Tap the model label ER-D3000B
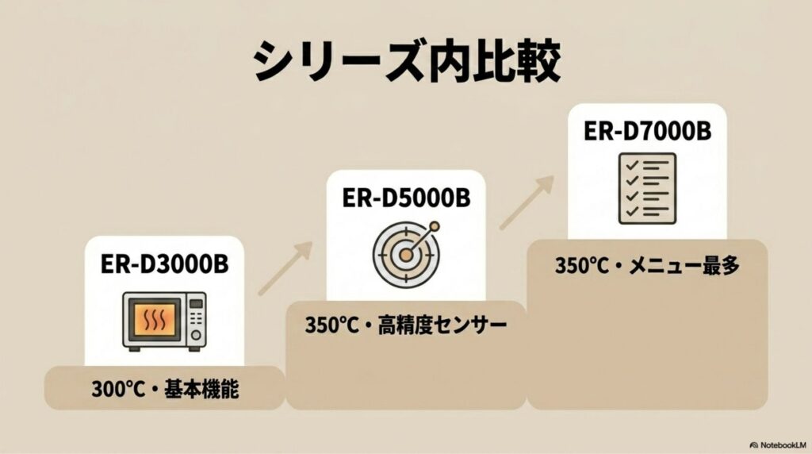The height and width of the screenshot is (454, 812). click(x=164, y=264)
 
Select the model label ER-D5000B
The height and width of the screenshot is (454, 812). click(x=405, y=197)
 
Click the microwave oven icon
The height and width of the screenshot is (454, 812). click(x=164, y=321)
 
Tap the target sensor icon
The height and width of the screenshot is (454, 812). click(x=406, y=252)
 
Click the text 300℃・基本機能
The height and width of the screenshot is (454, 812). click(x=164, y=390)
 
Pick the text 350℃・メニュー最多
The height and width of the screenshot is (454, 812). click(x=647, y=266)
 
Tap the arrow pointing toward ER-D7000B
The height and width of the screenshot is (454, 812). click(x=527, y=202)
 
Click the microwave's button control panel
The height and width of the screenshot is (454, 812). click(x=195, y=321)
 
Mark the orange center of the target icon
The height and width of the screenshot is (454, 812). click(x=405, y=254)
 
